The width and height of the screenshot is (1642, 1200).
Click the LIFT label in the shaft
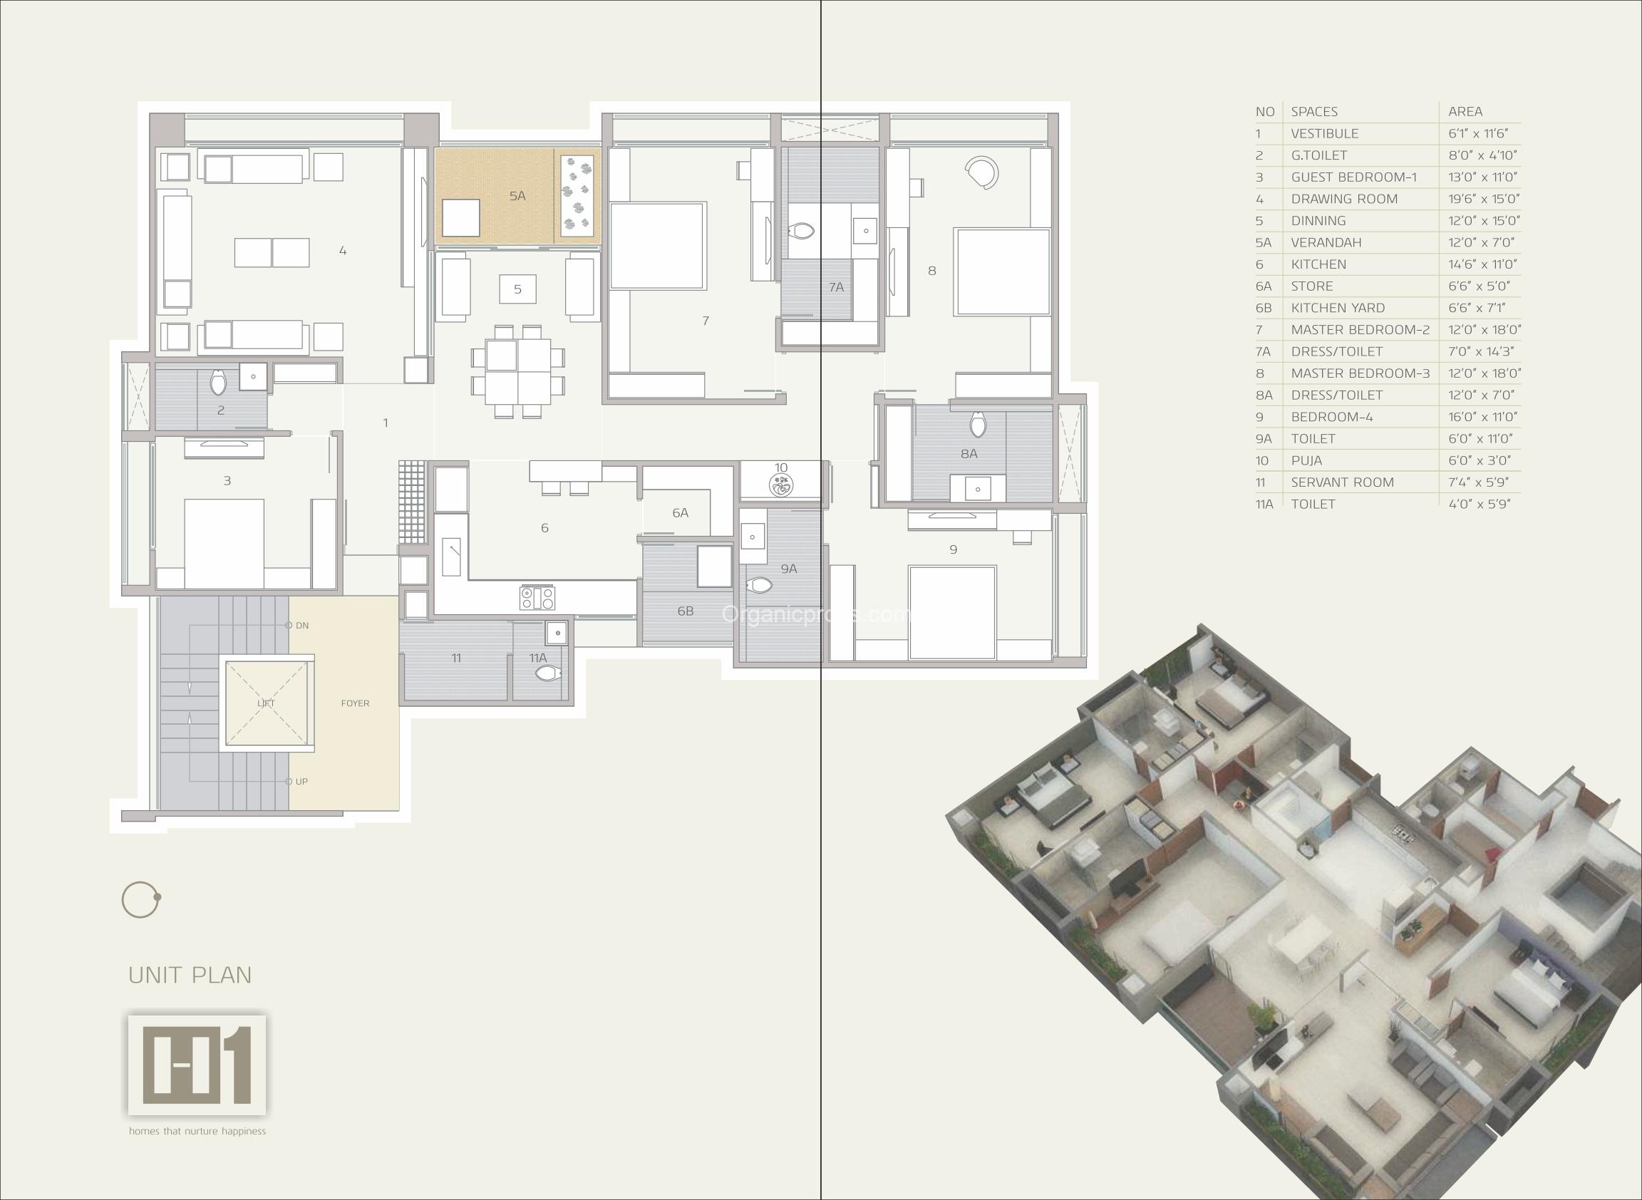click(x=266, y=703)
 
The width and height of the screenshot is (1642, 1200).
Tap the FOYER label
click(x=356, y=703)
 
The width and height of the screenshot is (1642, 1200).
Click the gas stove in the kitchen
click(x=537, y=598)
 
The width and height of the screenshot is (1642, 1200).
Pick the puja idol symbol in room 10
click(x=781, y=485)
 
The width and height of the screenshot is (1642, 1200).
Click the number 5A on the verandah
click(x=517, y=195)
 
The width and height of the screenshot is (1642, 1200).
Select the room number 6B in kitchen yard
click(x=685, y=611)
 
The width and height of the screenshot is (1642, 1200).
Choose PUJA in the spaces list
click(x=1306, y=460)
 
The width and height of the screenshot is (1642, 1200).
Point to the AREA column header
click(x=1465, y=112)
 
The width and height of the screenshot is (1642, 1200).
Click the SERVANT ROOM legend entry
click(x=1343, y=482)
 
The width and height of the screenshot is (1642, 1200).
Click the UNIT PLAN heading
click(x=190, y=975)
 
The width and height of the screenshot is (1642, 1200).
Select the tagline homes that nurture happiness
click(x=197, y=1131)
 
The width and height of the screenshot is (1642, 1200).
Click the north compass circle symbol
click(x=140, y=900)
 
